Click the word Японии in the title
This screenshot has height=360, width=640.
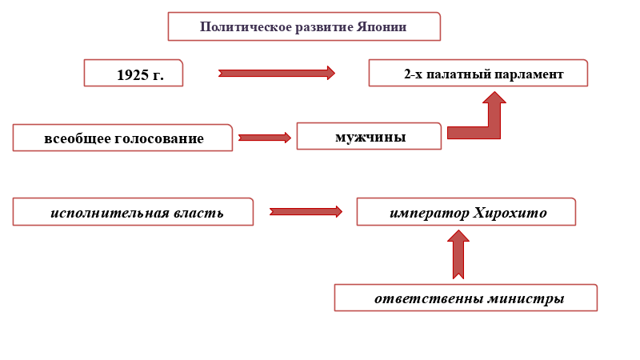pos(382,27)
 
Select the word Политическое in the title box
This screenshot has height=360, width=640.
pos(246,27)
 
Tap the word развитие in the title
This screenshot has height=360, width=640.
pos(324,27)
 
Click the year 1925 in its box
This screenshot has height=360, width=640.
pos(133,74)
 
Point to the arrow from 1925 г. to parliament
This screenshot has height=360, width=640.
pos(277,73)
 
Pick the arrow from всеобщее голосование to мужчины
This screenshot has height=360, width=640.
pos(265,138)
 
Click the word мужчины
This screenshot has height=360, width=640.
pos(370,137)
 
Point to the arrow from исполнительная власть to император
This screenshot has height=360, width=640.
pos(306,211)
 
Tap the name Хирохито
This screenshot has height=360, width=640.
pos(510,213)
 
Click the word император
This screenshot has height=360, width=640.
pos(430,214)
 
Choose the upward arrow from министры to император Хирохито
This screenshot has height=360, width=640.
pos(458,254)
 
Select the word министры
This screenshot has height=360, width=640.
pos(526,298)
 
